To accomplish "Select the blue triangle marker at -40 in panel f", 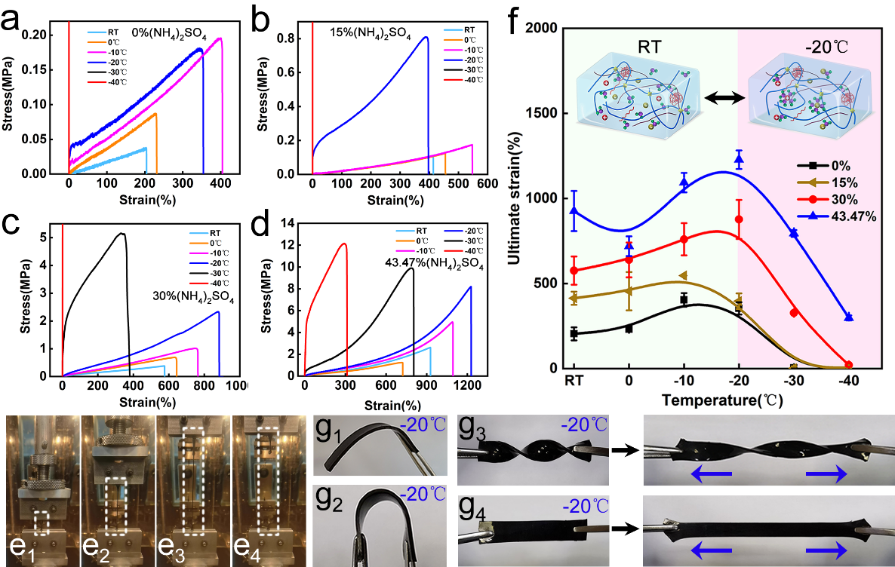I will point(849,317).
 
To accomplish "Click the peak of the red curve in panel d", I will point(344,244).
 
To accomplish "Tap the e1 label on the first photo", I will point(21,547).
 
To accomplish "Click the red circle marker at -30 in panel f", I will point(794,313).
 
